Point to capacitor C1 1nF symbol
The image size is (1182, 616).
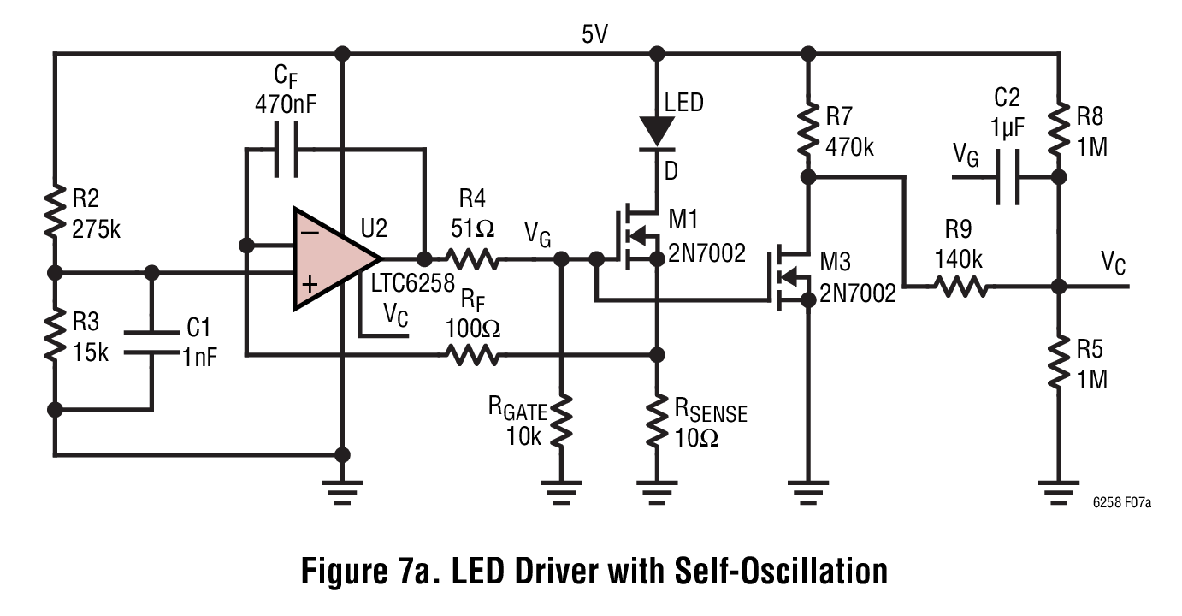[151, 341]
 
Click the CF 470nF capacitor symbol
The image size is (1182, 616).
[286, 150]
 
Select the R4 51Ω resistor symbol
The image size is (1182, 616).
[470, 258]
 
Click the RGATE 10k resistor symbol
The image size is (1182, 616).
[561, 421]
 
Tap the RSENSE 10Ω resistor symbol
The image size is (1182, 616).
[657, 421]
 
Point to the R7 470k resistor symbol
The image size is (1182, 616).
[807, 128]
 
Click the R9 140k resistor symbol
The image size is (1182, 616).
[963, 287]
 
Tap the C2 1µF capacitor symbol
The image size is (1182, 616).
[1006, 178]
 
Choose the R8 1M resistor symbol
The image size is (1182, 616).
[1060, 127]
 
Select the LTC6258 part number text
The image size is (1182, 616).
[412, 284]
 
